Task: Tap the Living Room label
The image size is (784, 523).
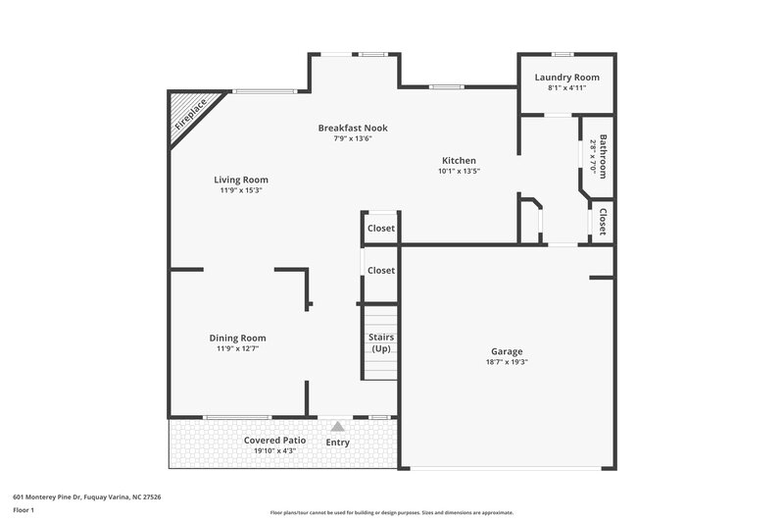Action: coord(241,180)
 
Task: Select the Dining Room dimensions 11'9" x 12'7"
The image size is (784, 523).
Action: coord(237,348)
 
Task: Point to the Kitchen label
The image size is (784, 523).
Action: coord(459,160)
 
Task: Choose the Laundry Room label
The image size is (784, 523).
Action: coord(566,78)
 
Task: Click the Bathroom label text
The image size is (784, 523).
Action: coord(605,156)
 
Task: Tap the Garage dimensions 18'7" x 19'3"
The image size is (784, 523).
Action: coord(507,362)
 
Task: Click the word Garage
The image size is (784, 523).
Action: coord(507,351)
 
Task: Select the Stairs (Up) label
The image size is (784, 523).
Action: coord(381,342)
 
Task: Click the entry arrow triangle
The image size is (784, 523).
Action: coord(338,427)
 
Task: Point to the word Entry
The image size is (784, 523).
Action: coord(338,443)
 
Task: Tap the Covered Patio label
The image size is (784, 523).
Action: coord(274,441)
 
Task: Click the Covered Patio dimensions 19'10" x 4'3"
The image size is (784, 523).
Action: coord(274,451)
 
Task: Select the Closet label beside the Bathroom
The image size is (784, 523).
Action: coord(604,223)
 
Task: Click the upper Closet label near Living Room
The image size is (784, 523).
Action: coord(380,229)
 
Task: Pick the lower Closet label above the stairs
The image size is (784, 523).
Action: coord(380,270)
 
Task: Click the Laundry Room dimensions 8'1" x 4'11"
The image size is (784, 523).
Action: coord(566,88)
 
